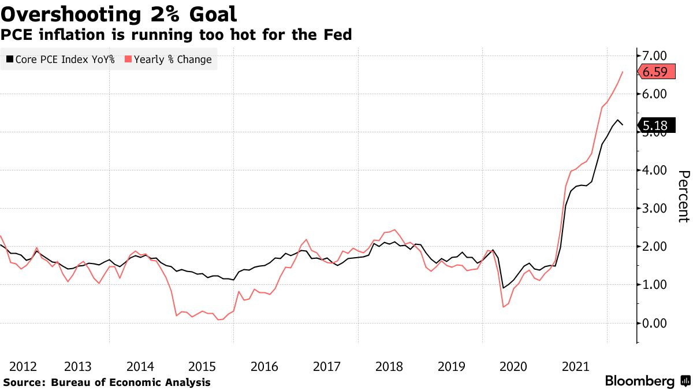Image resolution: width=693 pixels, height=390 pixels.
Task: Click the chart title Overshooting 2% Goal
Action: tap(118, 14)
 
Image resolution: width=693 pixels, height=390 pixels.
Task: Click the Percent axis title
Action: tap(683, 196)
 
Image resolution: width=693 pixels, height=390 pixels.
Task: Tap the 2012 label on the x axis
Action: tap(24, 366)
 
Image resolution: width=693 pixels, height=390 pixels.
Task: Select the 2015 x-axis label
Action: tap(202, 366)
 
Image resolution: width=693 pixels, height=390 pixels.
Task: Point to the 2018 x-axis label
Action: tap(389, 366)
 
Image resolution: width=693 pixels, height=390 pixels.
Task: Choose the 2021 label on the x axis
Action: tap(576, 366)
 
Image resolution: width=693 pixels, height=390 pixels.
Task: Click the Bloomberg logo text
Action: tap(639, 381)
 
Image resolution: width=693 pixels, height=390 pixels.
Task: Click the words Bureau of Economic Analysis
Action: tap(131, 382)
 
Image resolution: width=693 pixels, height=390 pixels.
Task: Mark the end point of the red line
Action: tap(623, 72)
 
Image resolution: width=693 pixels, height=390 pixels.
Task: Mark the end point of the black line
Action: tap(623, 125)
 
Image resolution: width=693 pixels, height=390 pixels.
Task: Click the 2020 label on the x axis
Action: tap(513, 366)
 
